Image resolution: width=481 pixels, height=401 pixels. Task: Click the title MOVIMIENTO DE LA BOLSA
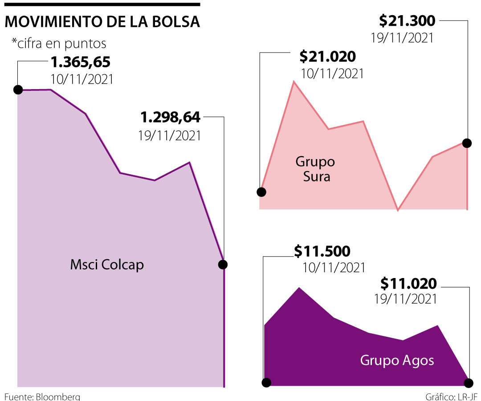coord(102,23)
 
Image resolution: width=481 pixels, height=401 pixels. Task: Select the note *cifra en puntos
coord(59,43)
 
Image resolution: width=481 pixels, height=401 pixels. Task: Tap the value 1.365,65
coord(80,62)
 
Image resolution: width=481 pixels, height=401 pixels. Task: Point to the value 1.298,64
coord(171,118)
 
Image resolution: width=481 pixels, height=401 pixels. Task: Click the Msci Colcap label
coord(107,265)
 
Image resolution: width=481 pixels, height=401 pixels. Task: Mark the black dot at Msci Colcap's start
coord(18,90)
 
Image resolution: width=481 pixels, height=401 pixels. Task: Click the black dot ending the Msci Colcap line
coord(223,265)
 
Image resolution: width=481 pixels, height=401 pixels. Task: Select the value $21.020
coord(328,57)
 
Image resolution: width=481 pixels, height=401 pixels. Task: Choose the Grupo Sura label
coord(315,168)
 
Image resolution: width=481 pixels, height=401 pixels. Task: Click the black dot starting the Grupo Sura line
coord(261,192)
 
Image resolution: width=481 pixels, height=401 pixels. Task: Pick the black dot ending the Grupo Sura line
coord(467,143)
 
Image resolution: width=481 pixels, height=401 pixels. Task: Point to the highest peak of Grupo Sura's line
coord(294,82)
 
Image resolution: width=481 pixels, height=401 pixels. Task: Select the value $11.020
coord(408,283)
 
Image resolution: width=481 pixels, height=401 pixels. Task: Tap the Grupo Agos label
coord(397,360)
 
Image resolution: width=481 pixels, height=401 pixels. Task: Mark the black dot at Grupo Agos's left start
coord(266,382)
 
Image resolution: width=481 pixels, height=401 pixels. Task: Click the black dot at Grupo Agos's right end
coord(469,383)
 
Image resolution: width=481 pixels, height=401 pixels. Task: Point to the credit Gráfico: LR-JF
coord(451,396)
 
